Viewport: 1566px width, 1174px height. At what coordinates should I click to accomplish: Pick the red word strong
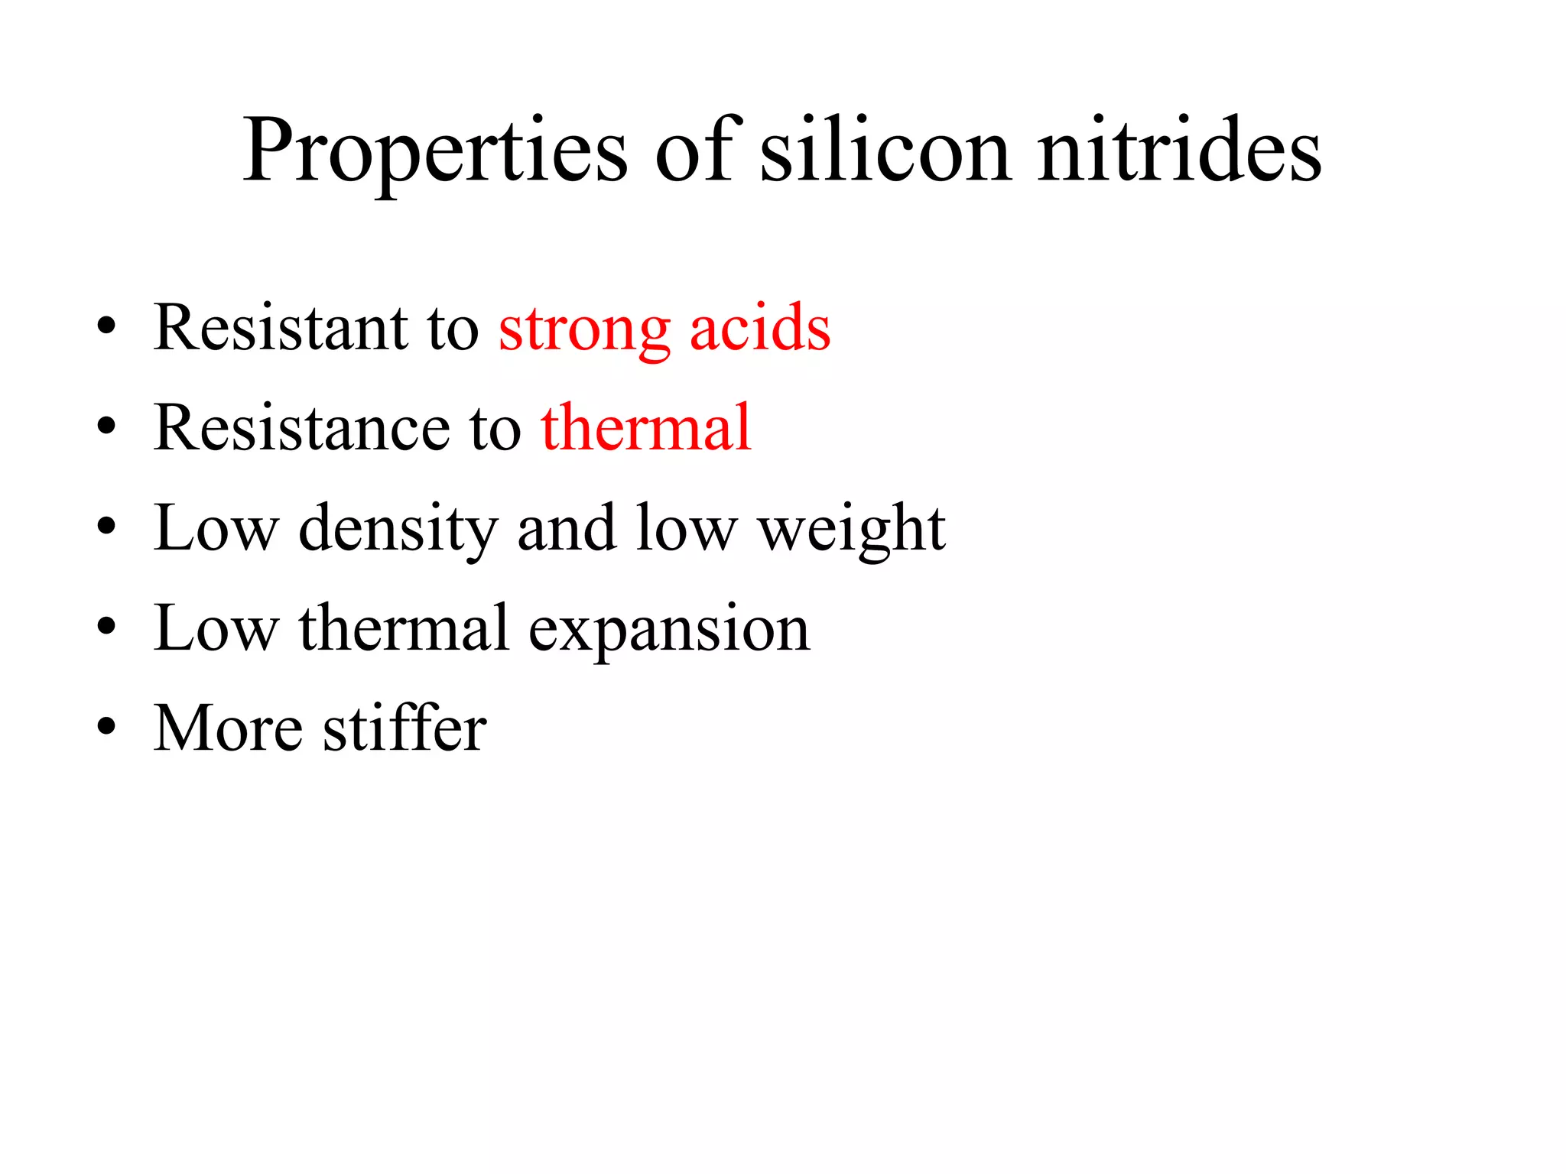pyautogui.click(x=584, y=331)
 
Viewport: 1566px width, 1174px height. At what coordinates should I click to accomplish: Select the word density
pyautogui.click(x=398, y=529)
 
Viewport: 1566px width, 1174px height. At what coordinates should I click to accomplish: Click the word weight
pyautogui.click(x=852, y=529)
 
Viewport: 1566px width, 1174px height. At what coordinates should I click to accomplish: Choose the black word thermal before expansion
pyautogui.click(x=404, y=628)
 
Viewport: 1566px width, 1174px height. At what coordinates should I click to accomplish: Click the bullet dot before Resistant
pyautogui.click(x=106, y=327)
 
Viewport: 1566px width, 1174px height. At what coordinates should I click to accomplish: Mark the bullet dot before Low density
pyautogui.click(x=106, y=527)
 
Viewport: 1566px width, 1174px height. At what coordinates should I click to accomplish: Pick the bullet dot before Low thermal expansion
pyautogui.click(x=106, y=627)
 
